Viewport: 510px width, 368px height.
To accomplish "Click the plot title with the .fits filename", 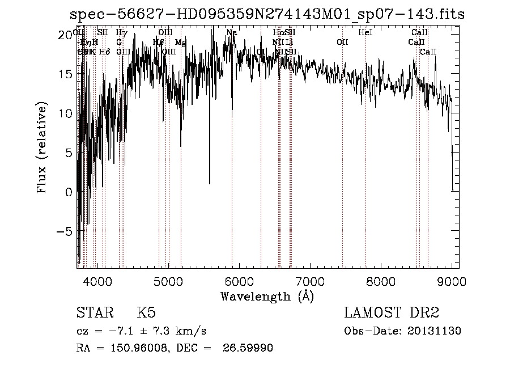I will [266, 14].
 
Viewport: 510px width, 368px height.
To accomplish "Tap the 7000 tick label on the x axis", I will [310, 281].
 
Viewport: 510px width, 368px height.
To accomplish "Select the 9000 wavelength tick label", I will [452, 281].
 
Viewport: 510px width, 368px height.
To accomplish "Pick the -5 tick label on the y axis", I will [64, 231].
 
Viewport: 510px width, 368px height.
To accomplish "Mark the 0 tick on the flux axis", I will [68, 192].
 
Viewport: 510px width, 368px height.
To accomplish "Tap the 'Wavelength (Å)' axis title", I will [266, 296].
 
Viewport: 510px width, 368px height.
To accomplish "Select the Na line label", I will [231, 33].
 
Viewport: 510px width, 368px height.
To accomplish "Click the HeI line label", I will [365, 33].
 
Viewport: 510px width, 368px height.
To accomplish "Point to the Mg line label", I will [180, 43].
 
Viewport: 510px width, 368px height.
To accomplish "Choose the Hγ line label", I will [121, 33].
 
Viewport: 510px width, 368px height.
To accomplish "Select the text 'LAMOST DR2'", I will [392, 313].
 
